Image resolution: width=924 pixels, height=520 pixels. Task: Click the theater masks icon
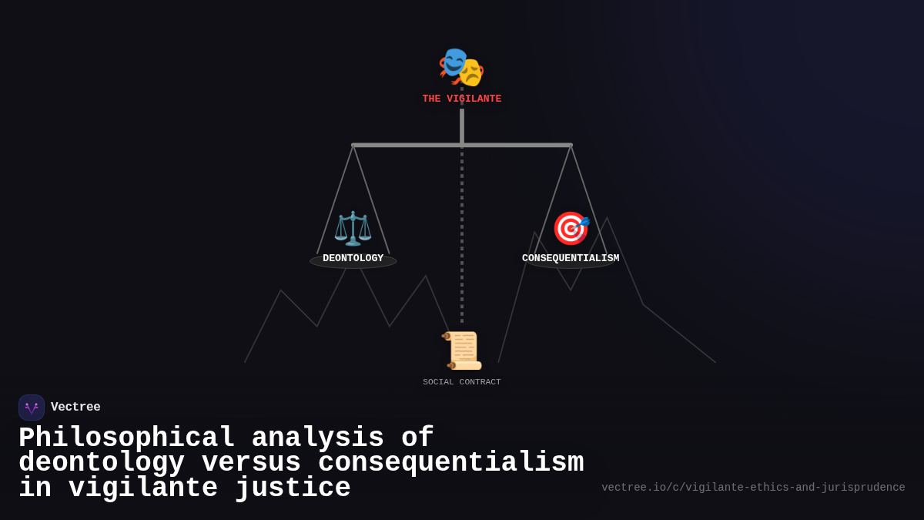(x=461, y=67)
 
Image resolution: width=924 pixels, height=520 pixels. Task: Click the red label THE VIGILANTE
(x=461, y=99)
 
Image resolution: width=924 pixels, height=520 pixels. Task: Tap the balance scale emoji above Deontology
(x=353, y=228)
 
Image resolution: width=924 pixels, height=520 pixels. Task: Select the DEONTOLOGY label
(x=353, y=259)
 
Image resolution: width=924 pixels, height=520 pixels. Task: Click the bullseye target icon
(x=571, y=228)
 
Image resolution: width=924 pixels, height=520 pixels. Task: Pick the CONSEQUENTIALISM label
(x=571, y=259)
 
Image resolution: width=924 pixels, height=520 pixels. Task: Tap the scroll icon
(x=463, y=351)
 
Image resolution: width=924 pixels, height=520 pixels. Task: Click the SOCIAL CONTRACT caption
(x=461, y=382)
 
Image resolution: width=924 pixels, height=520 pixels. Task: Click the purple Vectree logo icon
(x=32, y=408)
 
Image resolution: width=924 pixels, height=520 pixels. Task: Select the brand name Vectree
(x=75, y=408)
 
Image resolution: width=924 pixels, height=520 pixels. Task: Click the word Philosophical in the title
(x=126, y=438)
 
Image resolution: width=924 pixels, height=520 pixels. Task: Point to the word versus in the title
(x=251, y=463)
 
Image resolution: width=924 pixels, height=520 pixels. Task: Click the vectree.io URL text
(x=753, y=488)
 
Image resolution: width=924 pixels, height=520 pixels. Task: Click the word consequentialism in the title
(x=450, y=463)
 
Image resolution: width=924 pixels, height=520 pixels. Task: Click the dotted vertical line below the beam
(x=462, y=231)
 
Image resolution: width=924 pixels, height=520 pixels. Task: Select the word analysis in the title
(x=317, y=438)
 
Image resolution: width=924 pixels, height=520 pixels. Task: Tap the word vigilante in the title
(x=142, y=488)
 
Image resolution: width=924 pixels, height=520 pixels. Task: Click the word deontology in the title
(x=102, y=463)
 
